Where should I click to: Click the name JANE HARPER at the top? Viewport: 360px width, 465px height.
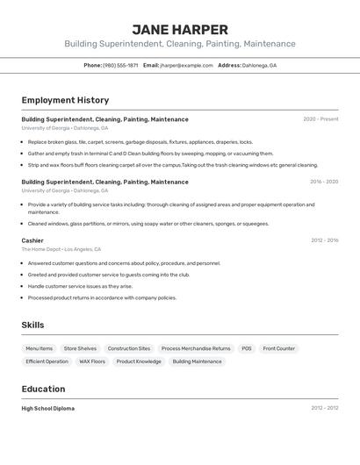pos(180,29)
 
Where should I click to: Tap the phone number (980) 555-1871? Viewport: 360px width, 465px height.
pos(120,65)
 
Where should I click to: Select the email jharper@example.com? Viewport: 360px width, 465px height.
pos(186,65)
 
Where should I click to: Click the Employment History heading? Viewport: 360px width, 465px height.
pos(65,100)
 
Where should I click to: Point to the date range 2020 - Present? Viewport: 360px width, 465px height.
pos(320,119)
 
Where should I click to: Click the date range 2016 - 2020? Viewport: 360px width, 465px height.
pos(324,182)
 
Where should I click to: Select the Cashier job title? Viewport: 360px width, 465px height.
pos(32,240)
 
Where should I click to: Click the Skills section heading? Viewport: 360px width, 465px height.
pos(32,325)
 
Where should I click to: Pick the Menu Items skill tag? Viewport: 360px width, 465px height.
pos(39,348)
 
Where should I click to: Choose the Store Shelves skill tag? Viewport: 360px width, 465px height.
pos(80,348)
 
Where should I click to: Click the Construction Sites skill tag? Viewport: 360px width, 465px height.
pos(129,348)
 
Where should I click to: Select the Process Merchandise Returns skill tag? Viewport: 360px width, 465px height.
pos(196,348)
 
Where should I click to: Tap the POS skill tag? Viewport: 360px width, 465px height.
pos(247,348)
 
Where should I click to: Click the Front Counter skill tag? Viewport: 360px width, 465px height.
pos(279,348)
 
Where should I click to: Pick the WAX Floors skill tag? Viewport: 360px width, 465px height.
pos(92,361)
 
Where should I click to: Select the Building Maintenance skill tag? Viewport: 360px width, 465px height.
pos(197,361)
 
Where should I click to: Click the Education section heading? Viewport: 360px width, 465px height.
pos(43,389)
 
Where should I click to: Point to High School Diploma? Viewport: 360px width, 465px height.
pos(48,408)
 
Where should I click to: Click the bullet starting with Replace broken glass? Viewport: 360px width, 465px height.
pos(140,141)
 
